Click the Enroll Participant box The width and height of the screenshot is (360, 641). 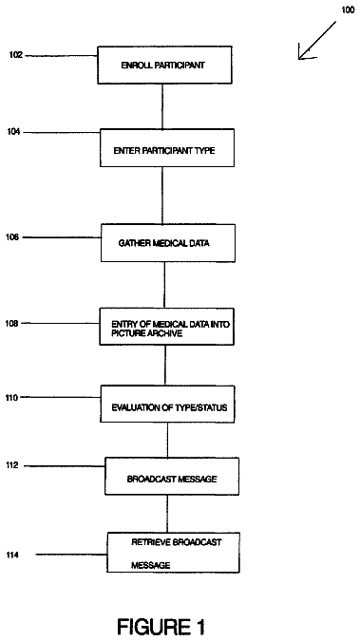164,65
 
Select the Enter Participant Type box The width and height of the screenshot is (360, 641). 167,148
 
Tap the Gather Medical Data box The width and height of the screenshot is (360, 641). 168,243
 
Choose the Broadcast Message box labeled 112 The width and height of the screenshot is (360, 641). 172,477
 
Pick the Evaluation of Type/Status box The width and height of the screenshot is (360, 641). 168,404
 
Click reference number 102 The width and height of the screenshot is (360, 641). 16,55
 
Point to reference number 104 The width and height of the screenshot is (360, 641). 13,132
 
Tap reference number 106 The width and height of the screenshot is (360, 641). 11,236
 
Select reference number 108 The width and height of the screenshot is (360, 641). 11,324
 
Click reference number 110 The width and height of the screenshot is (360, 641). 11,397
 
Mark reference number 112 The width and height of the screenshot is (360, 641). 12,465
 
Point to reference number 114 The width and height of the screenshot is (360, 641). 12,555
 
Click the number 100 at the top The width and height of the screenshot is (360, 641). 348,9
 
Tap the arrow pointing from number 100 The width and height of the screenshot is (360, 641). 317,41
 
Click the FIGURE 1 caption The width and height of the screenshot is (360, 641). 161,627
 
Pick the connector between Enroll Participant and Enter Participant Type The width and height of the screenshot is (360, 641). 162,106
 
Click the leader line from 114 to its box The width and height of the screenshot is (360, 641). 71,555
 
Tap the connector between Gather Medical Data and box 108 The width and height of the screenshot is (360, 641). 164,285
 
